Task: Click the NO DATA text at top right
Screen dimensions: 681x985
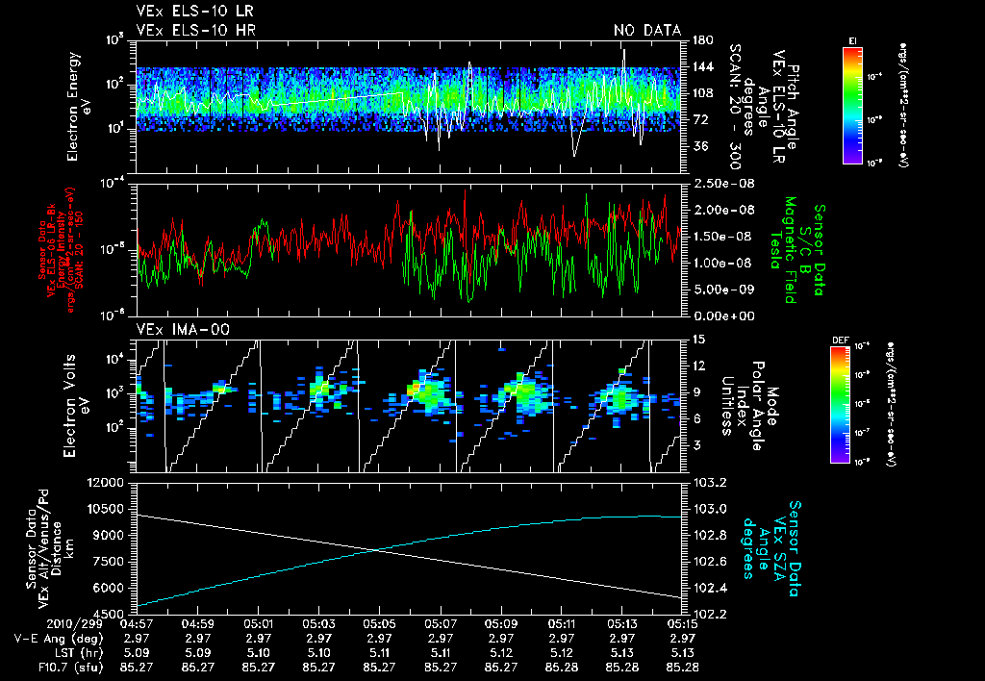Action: click(x=646, y=31)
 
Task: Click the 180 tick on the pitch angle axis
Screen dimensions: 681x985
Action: click(x=700, y=40)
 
